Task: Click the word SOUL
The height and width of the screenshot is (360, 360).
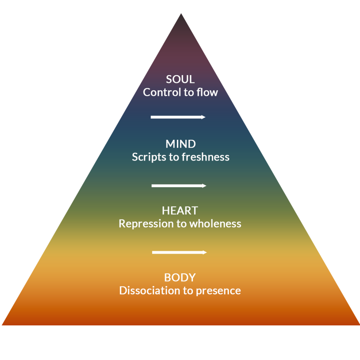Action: [180, 79]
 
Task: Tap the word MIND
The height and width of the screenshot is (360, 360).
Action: [180, 144]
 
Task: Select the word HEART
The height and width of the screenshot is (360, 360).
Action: [180, 210]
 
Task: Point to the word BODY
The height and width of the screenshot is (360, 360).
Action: [180, 278]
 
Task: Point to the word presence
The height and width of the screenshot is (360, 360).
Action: [218, 291]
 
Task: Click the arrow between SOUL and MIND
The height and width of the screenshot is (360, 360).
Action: [178, 117]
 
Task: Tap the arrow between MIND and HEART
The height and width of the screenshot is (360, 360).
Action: [179, 186]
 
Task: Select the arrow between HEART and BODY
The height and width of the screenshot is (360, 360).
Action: [180, 252]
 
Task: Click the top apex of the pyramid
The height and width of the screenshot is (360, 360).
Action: [181, 14]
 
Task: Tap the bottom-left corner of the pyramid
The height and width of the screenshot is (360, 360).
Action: [2, 325]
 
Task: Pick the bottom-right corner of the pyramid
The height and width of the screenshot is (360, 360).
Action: [359, 325]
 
